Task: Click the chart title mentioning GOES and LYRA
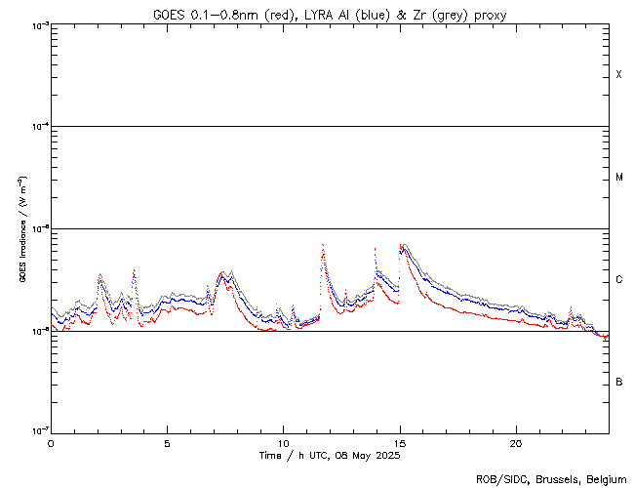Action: coord(330,15)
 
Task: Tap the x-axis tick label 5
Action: coord(167,442)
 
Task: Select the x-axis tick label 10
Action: coord(283,442)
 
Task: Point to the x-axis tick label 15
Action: coord(400,442)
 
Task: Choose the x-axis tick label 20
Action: coord(516,442)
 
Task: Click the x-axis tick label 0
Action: coord(51,442)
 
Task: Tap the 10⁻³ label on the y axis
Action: coord(36,24)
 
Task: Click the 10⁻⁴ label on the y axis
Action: coord(36,127)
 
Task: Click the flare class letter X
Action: coord(619,75)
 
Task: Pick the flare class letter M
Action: coord(619,178)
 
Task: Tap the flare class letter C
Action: coord(619,280)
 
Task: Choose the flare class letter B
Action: coord(619,382)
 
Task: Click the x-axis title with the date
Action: coord(330,456)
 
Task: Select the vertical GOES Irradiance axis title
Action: coord(21,229)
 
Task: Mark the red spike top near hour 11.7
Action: coord(323,246)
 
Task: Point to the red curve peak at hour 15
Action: coord(401,246)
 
